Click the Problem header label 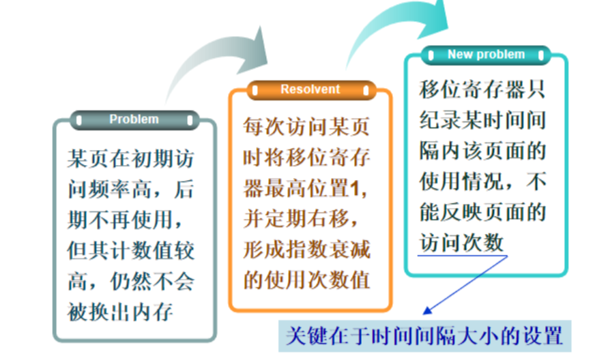point(134,119)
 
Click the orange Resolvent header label point(310,89)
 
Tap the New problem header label point(486,55)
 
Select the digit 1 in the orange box point(362,189)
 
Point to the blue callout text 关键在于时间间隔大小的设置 point(424,336)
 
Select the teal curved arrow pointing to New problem point(396,27)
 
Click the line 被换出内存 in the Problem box point(121,312)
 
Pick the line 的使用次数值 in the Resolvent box point(306,279)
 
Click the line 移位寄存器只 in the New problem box point(482,90)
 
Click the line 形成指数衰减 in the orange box point(306,249)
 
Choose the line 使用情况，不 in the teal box point(482,181)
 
